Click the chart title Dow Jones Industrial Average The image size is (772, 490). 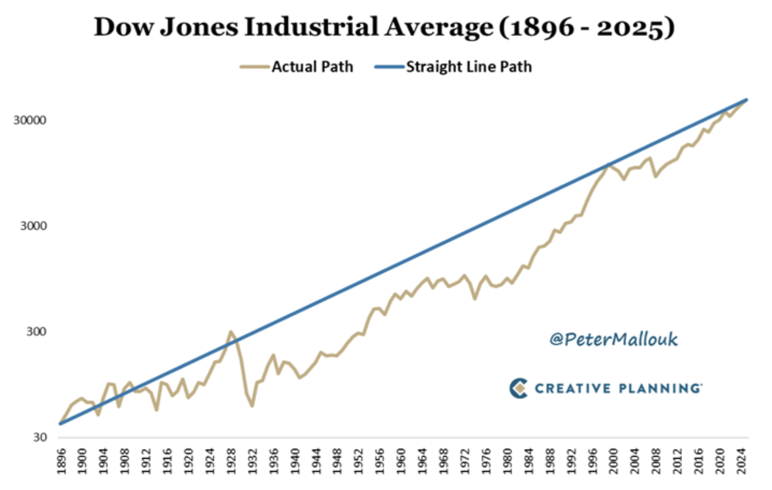[x=293, y=27]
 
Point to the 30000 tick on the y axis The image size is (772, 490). [x=30, y=120]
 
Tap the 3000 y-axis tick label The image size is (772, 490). [x=33, y=226]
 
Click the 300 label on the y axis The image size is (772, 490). [x=36, y=332]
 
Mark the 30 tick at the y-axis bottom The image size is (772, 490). [x=40, y=437]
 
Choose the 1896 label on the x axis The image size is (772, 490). [x=61, y=462]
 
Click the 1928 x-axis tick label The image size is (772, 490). [x=231, y=462]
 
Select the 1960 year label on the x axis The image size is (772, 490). [x=401, y=462]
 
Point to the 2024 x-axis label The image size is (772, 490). [x=741, y=462]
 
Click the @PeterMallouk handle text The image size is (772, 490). [x=613, y=339]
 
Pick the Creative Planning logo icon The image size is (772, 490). [x=518, y=388]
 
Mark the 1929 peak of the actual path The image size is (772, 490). [x=231, y=332]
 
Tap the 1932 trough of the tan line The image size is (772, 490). [x=252, y=406]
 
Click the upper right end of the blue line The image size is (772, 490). [x=747, y=99]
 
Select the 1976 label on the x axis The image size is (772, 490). [x=486, y=462]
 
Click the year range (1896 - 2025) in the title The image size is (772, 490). [x=587, y=27]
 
